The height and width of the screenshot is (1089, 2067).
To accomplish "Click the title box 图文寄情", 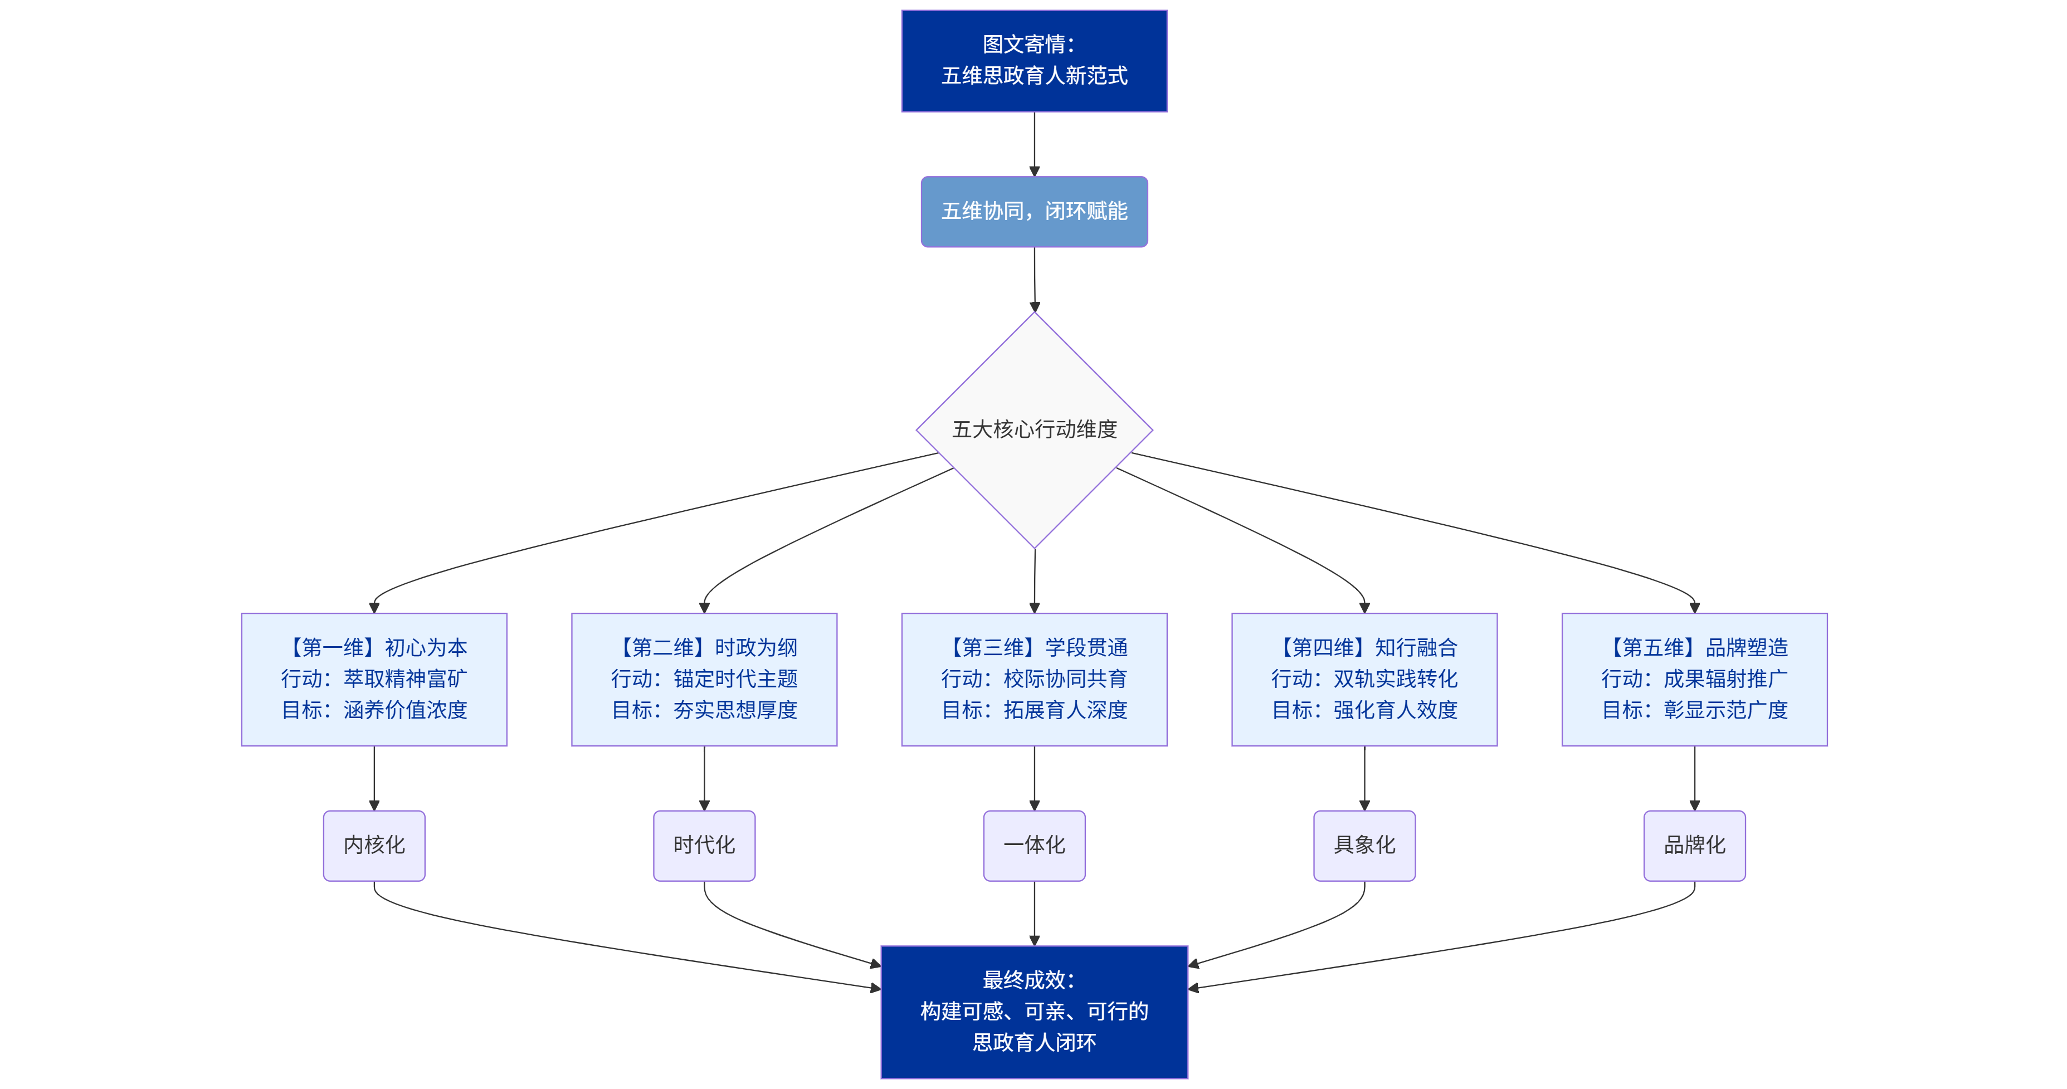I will (x=1033, y=60).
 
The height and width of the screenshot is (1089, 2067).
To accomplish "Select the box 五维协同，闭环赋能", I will (x=1033, y=211).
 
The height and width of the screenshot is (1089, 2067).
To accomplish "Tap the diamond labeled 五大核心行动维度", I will (x=1033, y=429).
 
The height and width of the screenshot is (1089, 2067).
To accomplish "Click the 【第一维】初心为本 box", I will (x=374, y=679).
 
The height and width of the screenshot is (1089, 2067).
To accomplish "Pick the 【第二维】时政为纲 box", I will (x=704, y=679).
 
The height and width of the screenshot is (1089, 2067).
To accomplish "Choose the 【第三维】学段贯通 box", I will (x=1033, y=679).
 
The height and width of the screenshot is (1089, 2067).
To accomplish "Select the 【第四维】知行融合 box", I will (x=1364, y=679).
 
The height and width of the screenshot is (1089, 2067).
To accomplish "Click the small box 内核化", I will (x=374, y=845).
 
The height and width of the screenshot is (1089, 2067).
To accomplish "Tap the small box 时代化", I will (x=704, y=845).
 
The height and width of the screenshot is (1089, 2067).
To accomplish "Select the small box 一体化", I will (x=1033, y=845).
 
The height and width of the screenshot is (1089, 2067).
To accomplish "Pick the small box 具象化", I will (x=1364, y=845).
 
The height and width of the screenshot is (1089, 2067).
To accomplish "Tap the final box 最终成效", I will (x=1033, y=1011).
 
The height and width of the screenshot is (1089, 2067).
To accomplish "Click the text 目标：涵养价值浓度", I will (x=374, y=710).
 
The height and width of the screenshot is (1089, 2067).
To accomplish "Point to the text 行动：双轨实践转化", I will (x=1364, y=679).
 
